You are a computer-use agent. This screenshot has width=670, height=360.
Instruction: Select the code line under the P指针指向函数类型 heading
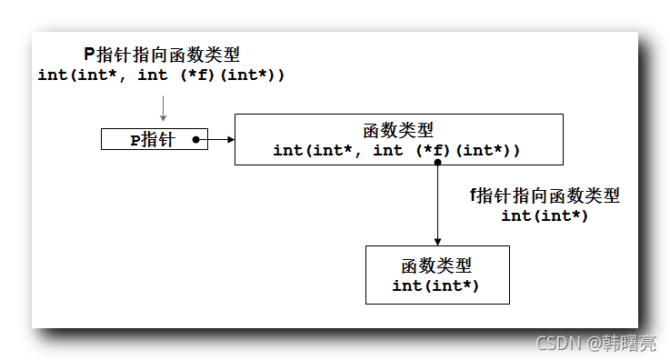tap(162, 75)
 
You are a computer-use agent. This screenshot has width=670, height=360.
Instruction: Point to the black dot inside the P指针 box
tap(195, 140)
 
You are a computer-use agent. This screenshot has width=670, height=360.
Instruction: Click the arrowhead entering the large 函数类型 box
tap(230, 140)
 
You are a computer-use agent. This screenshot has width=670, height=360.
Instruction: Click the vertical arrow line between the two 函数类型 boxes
tap(437, 205)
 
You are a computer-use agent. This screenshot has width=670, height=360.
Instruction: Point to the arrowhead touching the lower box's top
tap(437, 241)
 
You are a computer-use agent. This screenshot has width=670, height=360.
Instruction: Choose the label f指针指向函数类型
tap(545, 195)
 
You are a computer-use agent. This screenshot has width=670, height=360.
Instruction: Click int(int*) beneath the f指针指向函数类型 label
tap(545, 215)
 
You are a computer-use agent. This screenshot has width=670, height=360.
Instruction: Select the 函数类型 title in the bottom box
tap(436, 266)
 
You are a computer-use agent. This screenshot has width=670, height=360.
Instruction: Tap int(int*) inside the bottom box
tap(436, 285)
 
